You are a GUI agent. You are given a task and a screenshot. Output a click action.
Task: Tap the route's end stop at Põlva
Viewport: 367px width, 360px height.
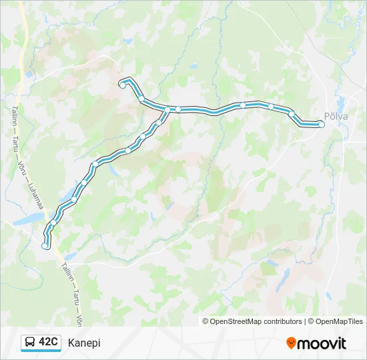[x=321, y=125]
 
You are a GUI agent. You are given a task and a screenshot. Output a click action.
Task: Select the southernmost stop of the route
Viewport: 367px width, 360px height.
[x=45, y=246]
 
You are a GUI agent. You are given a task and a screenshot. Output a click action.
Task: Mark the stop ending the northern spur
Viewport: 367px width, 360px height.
[x=121, y=84]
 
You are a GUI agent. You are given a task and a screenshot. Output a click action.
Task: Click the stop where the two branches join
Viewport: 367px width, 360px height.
[x=168, y=109]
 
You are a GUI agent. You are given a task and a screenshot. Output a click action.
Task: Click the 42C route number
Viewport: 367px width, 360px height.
[x=48, y=342]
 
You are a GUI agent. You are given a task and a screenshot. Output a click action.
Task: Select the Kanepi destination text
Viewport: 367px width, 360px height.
[x=84, y=343]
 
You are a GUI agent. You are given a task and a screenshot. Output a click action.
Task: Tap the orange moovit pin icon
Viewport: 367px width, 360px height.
[x=291, y=343]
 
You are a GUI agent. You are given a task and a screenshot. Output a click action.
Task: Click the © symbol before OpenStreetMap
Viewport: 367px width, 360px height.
[x=206, y=321]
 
